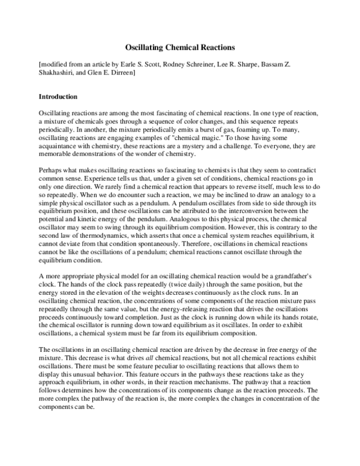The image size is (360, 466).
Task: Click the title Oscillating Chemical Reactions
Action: (x=179, y=46)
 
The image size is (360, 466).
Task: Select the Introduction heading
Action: (x=58, y=96)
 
